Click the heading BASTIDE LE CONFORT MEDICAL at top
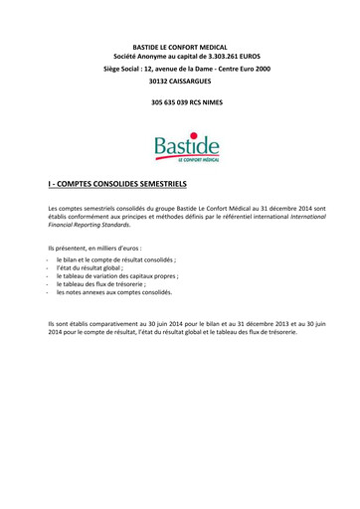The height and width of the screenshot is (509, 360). (x=180, y=48)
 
